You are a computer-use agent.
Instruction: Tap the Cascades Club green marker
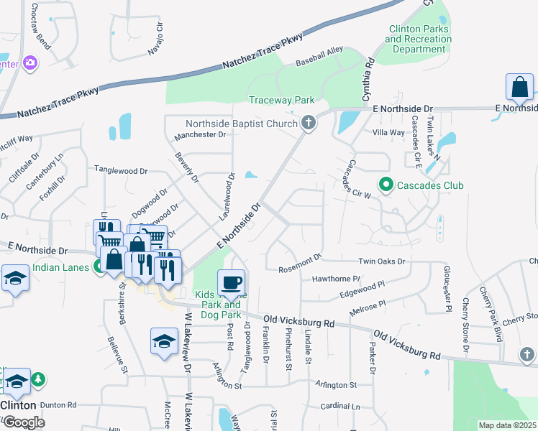(386, 185)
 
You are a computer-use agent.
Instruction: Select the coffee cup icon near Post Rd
(231, 282)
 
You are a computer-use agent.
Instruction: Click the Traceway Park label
(282, 100)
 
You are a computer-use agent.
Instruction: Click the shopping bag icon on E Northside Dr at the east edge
(519, 88)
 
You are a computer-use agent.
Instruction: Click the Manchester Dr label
(201, 134)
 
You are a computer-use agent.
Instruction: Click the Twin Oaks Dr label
(382, 262)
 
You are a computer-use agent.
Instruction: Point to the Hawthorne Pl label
(335, 278)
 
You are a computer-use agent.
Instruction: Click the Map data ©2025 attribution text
(506, 425)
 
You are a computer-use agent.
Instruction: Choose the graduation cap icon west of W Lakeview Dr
(164, 341)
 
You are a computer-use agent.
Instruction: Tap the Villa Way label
(388, 132)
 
